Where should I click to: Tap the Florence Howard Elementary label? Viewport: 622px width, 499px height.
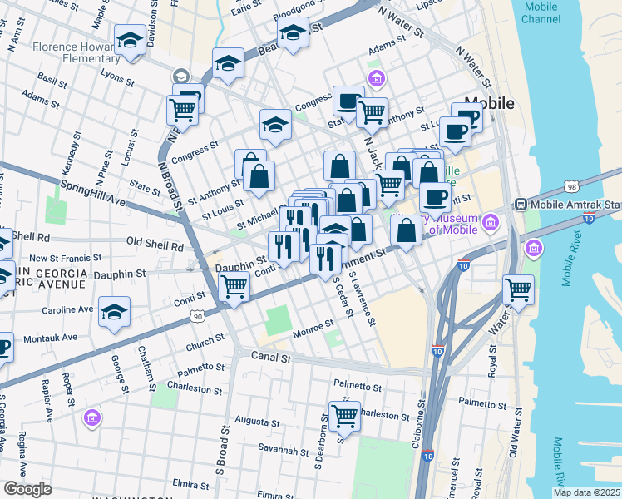(x=77, y=52)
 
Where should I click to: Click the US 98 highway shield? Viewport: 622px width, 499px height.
(x=570, y=186)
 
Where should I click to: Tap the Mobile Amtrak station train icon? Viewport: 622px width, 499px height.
(x=521, y=204)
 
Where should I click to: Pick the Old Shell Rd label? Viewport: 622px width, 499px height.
(x=154, y=245)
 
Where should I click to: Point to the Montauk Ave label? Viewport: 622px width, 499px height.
(x=51, y=337)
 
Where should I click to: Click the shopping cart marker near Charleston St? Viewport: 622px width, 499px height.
(x=344, y=415)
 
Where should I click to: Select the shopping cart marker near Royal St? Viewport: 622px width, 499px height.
(x=519, y=290)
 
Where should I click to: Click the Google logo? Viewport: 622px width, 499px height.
(x=28, y=488)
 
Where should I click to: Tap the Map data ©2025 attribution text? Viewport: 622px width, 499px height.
(x=585, y=492)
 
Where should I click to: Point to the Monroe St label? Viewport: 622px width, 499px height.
(x=313, y=333)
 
